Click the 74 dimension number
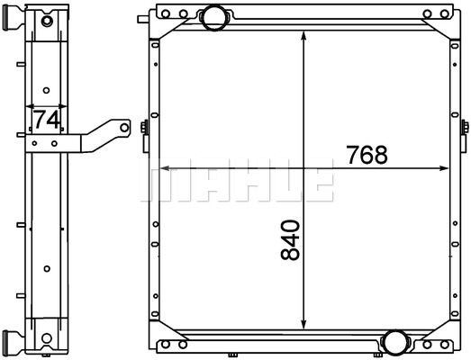[47, 120]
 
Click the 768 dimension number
[367, 155]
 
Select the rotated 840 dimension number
[291, 240]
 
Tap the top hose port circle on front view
[214, 18]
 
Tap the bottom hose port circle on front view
[395, 342]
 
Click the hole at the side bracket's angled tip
[124, 128]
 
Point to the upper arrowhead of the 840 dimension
[303, 35]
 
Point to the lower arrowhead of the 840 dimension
[303, 325]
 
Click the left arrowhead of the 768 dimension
[164, 168]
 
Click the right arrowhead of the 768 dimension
[444, 168]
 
